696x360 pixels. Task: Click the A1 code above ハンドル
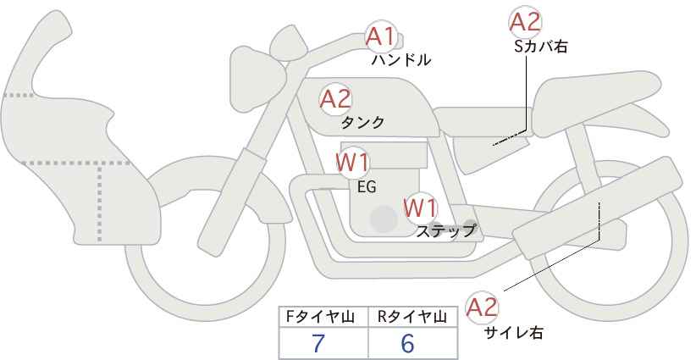tap(381, 36)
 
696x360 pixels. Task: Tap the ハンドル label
tap(401, 60)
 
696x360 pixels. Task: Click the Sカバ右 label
tap(540, 47)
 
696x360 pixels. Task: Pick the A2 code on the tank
tap(335, 99)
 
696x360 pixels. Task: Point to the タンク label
tap(362, 123)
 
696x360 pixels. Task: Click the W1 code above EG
tap(351, 161)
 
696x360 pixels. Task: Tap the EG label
tap(367, 186)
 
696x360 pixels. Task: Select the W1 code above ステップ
tap(420, 207)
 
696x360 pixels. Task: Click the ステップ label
tap(446, 230)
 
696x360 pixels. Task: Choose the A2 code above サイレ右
tap(483, 308)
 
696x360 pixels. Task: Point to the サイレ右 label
tap(513, 333)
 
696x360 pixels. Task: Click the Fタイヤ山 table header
tap(323, 317)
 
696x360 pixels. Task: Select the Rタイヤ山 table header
tap(412, 317)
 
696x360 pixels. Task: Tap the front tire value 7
tap(318, 343)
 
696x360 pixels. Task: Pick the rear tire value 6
tap(407, 343)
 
